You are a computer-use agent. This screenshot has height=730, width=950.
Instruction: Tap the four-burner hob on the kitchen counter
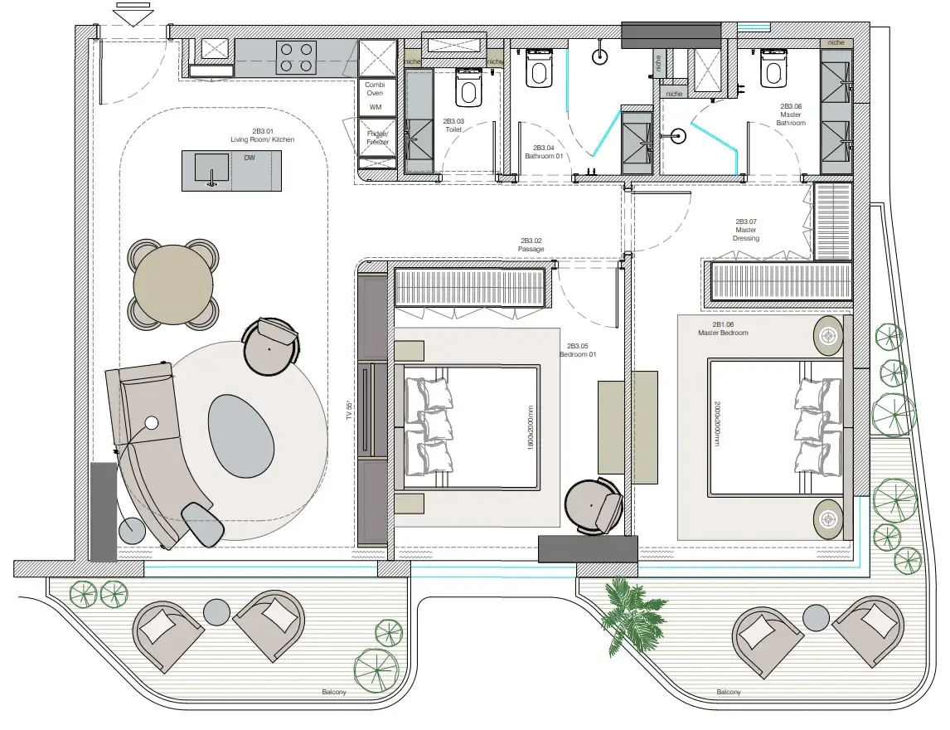click(x=296, y=57)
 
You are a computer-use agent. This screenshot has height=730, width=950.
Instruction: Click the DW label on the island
click(x=250, y=158)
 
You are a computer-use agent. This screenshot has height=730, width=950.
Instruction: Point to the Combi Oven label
click(x=375, y=89)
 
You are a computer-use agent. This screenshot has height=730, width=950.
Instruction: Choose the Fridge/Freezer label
click(x=377, y=138)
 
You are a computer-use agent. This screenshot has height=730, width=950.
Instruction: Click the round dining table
click(x=174, y=284)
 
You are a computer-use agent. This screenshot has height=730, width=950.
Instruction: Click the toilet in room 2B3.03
click(x=468, y=89)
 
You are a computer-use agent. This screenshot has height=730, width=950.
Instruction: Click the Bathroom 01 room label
click(x=544, y=151)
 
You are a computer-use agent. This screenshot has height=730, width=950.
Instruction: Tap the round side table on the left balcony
click(x=216, y=612)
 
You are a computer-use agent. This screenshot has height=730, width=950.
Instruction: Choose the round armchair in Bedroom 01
click(x=593, y=506)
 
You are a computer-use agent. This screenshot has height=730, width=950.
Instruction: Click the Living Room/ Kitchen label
click(x=262, y=135)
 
